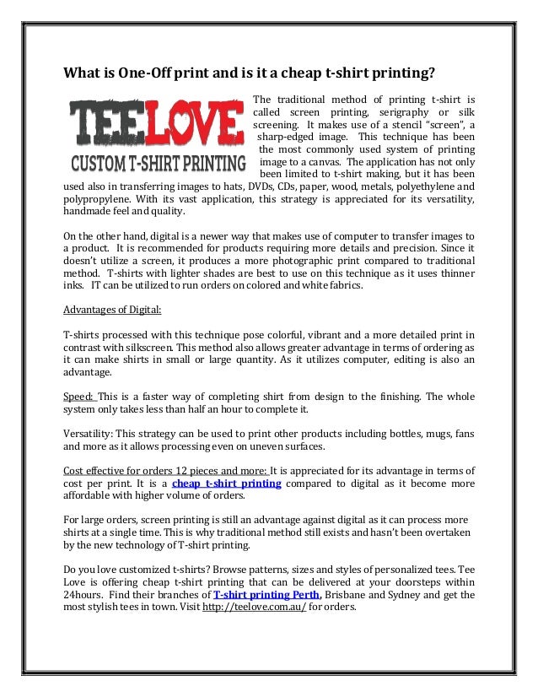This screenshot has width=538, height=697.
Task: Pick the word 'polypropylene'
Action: click(95, 200)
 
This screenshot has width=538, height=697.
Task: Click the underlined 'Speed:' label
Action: click(80, 396)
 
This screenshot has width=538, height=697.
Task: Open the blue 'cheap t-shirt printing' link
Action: click(226, 484)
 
